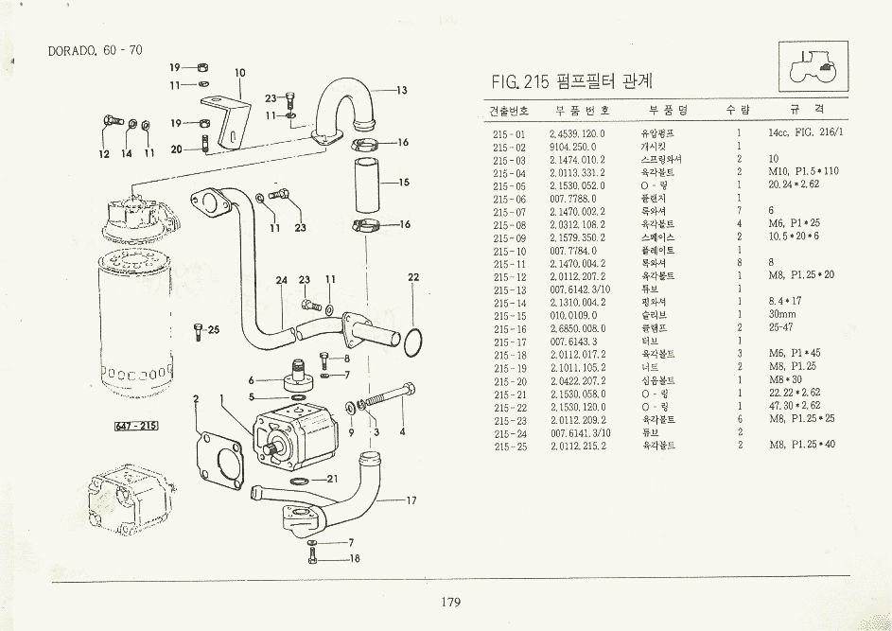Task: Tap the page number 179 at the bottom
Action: click(x=449, y=603)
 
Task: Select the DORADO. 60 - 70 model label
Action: click(x=95, y=50)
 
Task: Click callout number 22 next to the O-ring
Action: click(x=413, y=277)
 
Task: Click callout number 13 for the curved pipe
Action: click(x=401, y=91)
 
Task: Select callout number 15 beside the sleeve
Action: click(x=403, y=183)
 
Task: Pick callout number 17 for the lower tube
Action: click(x=411, y=500)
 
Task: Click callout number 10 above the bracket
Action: click(x=239, y=73)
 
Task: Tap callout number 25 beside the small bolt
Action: click(x=214, y=329)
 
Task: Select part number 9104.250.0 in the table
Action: click(x=572, y=147)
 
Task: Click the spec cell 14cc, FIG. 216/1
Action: click(x=805, y=133)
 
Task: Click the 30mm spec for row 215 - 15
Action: click(x=782, y=314)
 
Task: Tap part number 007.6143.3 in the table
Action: click(x=572, y=341)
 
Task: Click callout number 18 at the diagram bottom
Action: click(x=355, y=558)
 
